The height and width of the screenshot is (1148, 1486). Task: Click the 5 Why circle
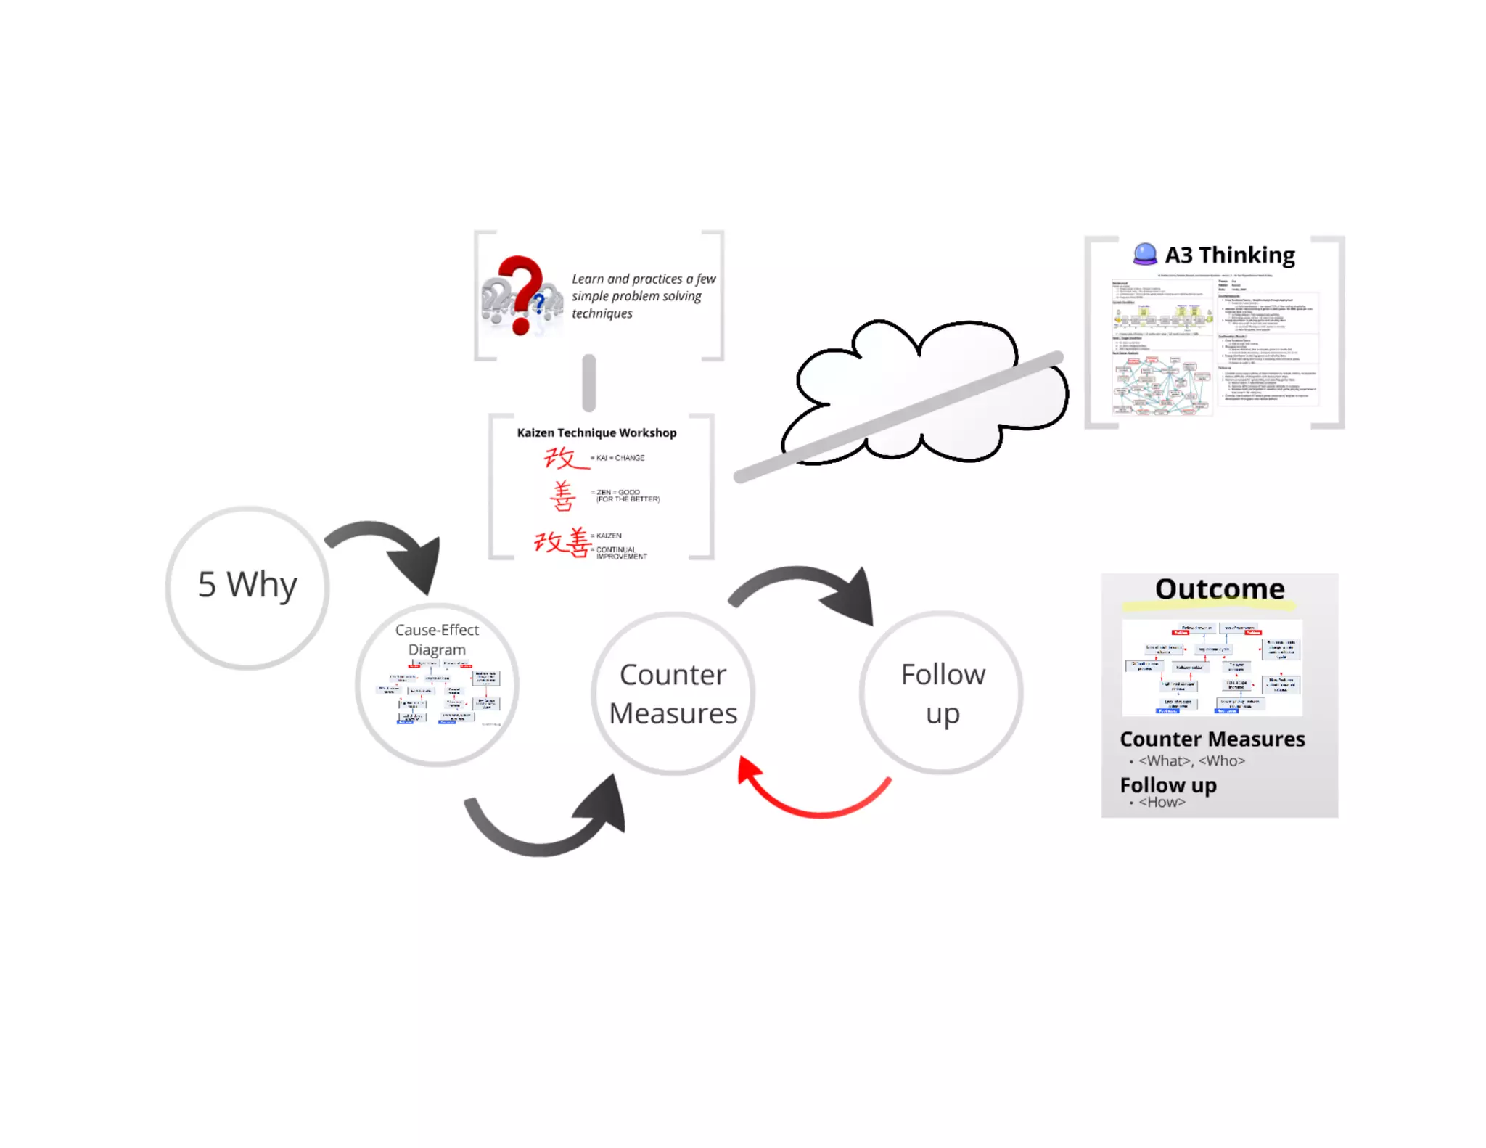pyautogui.click(x=247, y=586)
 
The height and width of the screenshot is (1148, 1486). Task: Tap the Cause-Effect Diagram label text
pyautogui.click(x=437, y=639)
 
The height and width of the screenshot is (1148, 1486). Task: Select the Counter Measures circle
pyautogui.click(x=673, y=694)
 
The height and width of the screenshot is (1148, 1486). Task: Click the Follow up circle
pyautogui.click(x=942, y=693)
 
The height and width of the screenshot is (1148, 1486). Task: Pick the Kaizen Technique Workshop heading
pyautogui.click(x=596, y=432)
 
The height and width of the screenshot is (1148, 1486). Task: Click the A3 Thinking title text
pyautogui.click(x=1230, y=255)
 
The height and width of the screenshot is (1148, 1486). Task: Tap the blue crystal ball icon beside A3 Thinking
pyautogui.click(x=1145, y=253)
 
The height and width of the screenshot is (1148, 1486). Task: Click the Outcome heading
pyautogui.click(x=1220, y=589)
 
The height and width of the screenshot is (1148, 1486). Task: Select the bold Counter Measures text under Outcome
pyautogui.click(x=1212, y=739)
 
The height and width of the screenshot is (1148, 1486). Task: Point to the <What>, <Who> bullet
pyautogui.click(x=1191, y=760)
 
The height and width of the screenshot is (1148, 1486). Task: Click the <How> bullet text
pyautogui.click(x=1162, y=802)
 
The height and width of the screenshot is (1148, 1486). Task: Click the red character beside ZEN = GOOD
pyautogui.click(x=562, y=497)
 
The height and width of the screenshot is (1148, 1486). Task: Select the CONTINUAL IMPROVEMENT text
pyautogui.click(x=621, y=553)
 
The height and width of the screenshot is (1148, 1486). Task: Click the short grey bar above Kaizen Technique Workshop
pyautogui.click(x=589, y=382)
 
